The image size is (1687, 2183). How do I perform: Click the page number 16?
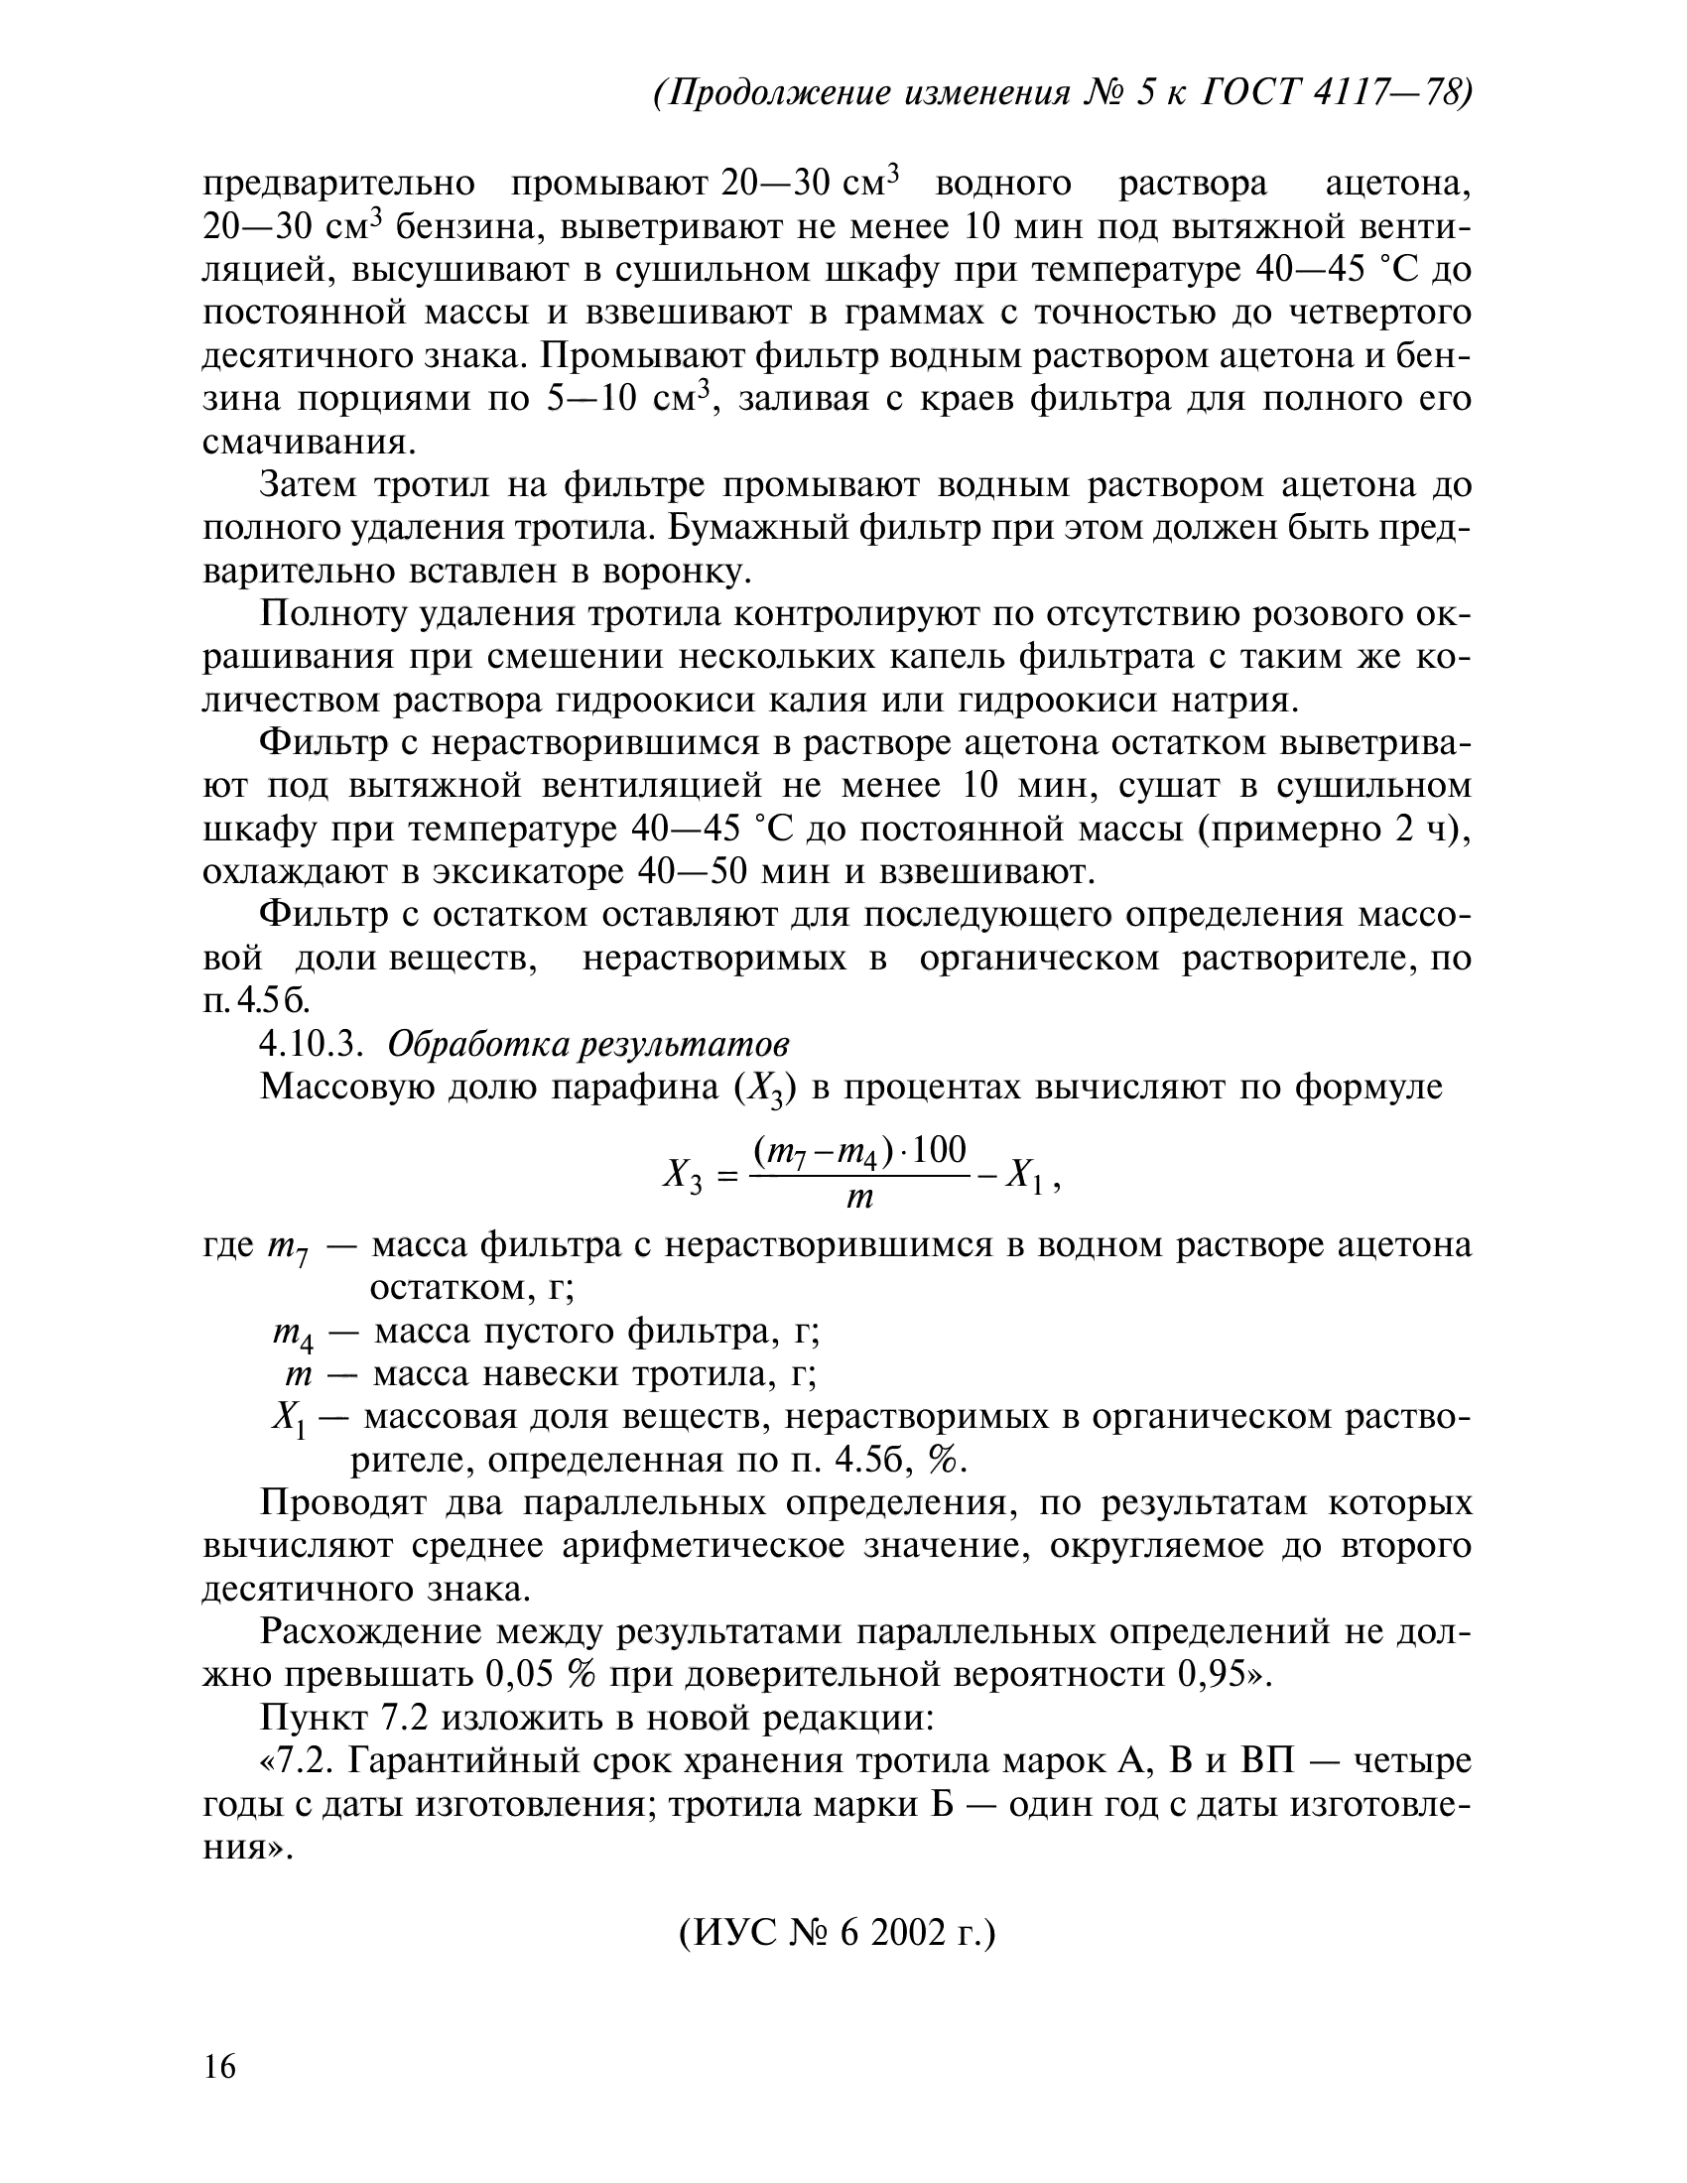[x=220, y=2066]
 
